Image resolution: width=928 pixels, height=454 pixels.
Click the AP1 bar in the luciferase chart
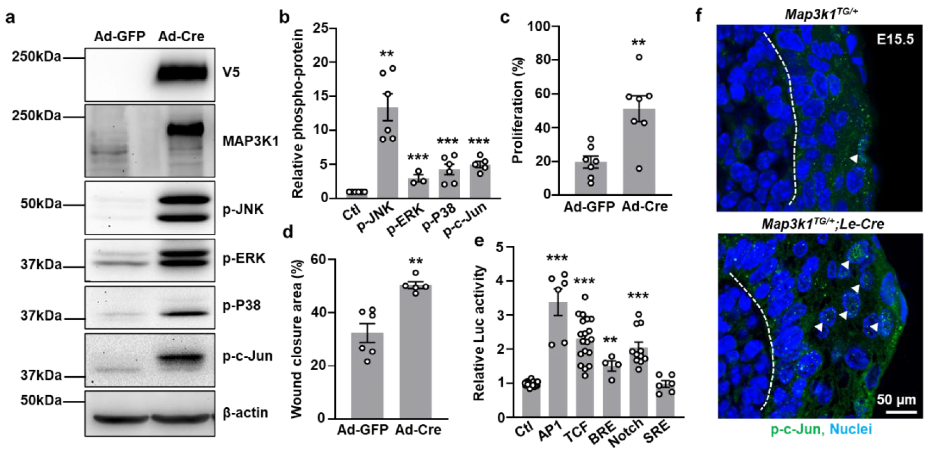point(558,360)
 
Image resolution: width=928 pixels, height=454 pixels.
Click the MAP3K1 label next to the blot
point(251,141)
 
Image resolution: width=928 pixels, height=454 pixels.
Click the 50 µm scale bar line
point(901,411)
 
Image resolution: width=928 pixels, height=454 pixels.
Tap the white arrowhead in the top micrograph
point(853,159)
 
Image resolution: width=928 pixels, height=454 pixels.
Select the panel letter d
point(288,232)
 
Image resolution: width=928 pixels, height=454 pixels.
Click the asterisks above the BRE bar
point(611,340)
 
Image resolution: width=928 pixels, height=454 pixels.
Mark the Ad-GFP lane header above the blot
point(120,36)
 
